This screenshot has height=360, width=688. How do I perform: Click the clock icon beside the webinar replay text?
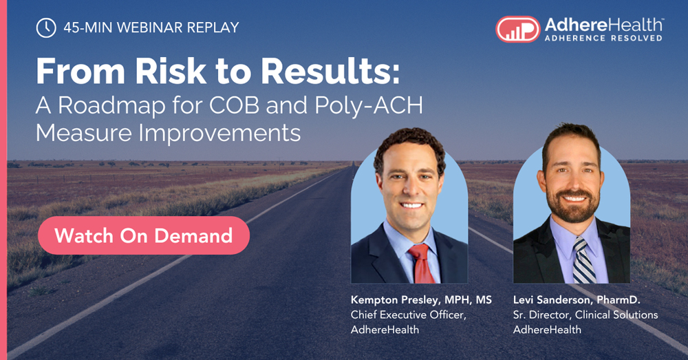(x=46, y=28)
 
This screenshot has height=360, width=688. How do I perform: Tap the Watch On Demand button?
(x=144, y=235)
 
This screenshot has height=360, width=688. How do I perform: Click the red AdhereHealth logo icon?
(x=518, y=30)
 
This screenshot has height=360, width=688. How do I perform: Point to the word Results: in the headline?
(x=330, y=71)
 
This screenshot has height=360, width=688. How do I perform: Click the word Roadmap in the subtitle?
(x=112, y=106)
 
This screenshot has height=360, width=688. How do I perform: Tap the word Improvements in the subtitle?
(x=220, y=133)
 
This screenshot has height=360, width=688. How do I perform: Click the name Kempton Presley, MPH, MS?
(x=421, y=300)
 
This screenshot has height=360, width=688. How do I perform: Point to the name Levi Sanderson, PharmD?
(x=577, y=300)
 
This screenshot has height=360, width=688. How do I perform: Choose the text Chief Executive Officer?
(x=408, y=315)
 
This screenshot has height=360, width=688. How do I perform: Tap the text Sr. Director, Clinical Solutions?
(x=585, y=315)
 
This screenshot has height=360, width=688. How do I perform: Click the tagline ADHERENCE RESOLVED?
(x=603, y=38)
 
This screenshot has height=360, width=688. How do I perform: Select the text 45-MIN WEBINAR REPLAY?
(x=151, y=28)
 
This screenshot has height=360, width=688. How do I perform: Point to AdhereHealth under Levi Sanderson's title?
(x=547, y=330)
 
